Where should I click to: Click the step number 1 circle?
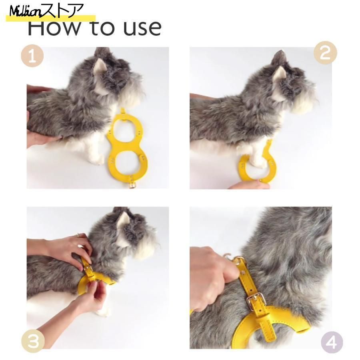[32, 56]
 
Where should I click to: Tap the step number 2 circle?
[325, 52]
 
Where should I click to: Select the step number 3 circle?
[33, 341]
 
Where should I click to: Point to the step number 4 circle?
[332, 342]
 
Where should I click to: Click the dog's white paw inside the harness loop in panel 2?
[258, 160]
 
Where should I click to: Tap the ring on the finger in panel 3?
[78, 235]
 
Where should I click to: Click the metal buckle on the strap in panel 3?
[88, 269]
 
